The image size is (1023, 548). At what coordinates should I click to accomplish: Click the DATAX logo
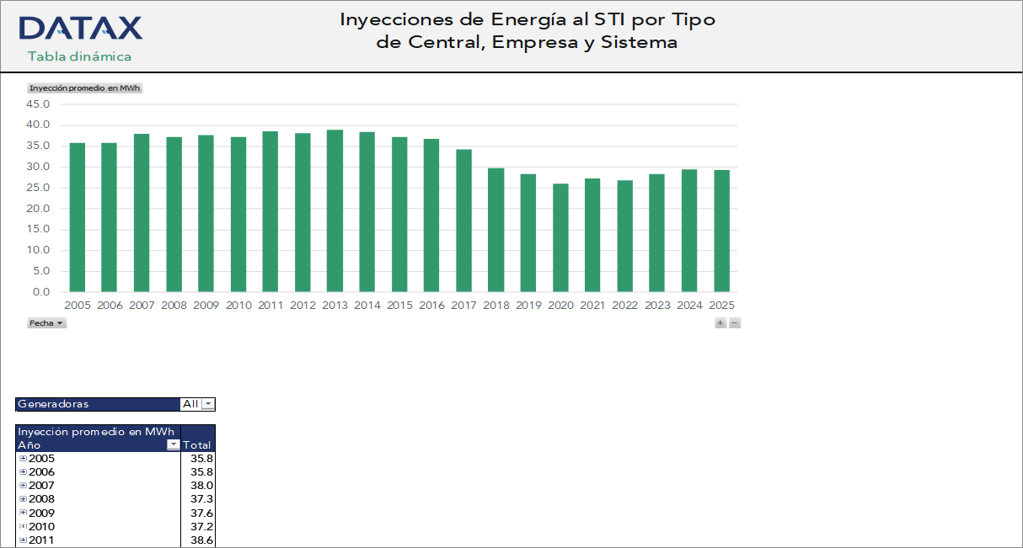(x=80, y=29)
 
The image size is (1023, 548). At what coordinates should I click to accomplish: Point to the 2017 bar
(x=463, y=221)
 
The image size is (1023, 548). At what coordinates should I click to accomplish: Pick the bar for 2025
(x=721, y=231)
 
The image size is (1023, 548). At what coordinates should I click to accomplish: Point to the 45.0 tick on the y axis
(x=39, y=104)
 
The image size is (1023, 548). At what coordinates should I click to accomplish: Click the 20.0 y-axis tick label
(x=39, y=209)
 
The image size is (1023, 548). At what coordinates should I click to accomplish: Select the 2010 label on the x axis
(x=238, y=306)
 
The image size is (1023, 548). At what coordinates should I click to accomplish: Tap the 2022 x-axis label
(x=625, y=306)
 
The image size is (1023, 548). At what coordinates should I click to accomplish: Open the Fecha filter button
(x=47, y=323)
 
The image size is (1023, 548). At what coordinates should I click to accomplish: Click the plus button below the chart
(x=720, y=323)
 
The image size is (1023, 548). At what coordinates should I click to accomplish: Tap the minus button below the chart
(x=735, y=323)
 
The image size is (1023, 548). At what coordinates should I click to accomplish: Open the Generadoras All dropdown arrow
(x=208, y=404)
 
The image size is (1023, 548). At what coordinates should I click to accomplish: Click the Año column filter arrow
(x=173, y=444)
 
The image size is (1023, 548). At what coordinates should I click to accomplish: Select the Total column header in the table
(x=196, y=444)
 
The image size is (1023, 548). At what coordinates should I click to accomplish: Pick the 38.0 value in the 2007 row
(x=202, y=486)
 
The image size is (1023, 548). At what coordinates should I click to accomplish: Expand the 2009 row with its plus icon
(x=23, y=513)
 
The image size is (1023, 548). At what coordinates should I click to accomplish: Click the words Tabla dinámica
(x=79, y=56)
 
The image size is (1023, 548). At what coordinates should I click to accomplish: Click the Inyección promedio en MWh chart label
(x=84, y=88)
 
